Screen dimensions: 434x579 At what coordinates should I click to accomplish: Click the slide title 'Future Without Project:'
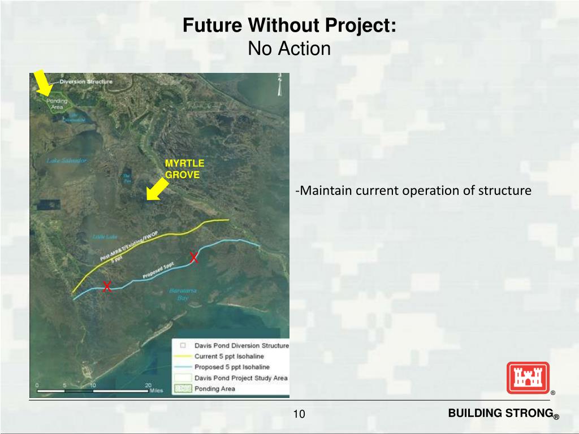(x=289, y=25)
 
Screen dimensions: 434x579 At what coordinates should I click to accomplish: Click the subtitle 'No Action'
(x=289, y=49)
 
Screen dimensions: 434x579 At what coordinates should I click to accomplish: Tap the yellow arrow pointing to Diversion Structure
(x=42, y=83)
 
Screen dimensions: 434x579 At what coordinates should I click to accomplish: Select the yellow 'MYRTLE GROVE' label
(x=184, y=169)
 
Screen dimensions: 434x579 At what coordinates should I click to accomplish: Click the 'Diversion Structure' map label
(x=86, y=81)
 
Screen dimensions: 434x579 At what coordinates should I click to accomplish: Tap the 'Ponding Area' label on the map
(x=57, y=104)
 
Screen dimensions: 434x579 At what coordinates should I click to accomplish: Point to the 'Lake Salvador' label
(x=67, y=160)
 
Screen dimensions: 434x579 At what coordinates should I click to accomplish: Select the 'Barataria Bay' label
(x=182, y=294)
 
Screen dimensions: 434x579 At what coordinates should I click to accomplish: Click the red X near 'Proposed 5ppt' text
(x=193, y=258)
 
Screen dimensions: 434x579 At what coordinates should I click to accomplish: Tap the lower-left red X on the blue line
(x=106, y=286)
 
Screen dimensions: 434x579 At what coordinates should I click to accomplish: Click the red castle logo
(x=528, y=377)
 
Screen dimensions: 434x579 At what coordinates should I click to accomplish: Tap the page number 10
(x=299, y=415)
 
